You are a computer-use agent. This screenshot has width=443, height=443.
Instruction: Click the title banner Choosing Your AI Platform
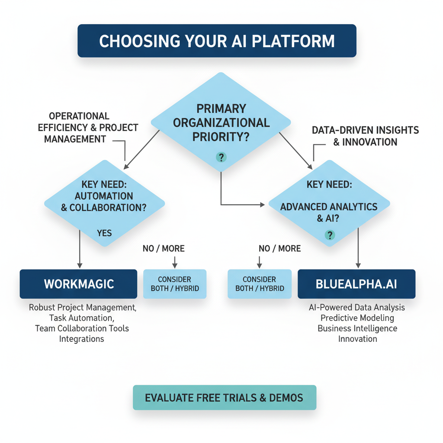point(217,41)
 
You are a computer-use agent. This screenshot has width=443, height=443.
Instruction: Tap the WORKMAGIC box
point(78,284)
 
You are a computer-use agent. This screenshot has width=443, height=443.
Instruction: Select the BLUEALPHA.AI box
point(356,284)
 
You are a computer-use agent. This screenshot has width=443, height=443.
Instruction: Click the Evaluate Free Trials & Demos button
point(225,397)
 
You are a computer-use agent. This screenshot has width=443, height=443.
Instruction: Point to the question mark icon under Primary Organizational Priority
point(221,157)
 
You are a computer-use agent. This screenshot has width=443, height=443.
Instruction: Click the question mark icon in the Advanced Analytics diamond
point(330,235)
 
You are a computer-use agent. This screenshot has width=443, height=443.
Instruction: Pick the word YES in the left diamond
point(104,233)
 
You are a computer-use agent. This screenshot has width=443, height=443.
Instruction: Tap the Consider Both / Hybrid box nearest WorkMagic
point(175,284)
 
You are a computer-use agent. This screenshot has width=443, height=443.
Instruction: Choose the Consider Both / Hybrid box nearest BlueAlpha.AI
point(260,284)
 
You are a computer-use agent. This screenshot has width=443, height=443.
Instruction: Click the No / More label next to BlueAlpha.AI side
point(279,248)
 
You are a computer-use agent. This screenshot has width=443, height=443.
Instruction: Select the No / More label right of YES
point(164,248)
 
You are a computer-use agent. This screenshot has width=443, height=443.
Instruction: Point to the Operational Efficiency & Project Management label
point(88,128)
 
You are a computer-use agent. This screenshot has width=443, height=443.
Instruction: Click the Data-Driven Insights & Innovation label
point(365,136)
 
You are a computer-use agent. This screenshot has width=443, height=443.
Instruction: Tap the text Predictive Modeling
point(357,318)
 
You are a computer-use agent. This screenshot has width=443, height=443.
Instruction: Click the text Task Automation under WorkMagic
point(82,318)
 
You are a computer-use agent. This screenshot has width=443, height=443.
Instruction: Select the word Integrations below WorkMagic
point(82,338)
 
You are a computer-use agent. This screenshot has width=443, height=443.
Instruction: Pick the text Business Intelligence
point(357,328)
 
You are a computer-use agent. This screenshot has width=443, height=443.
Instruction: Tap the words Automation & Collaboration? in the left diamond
point(104,202)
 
